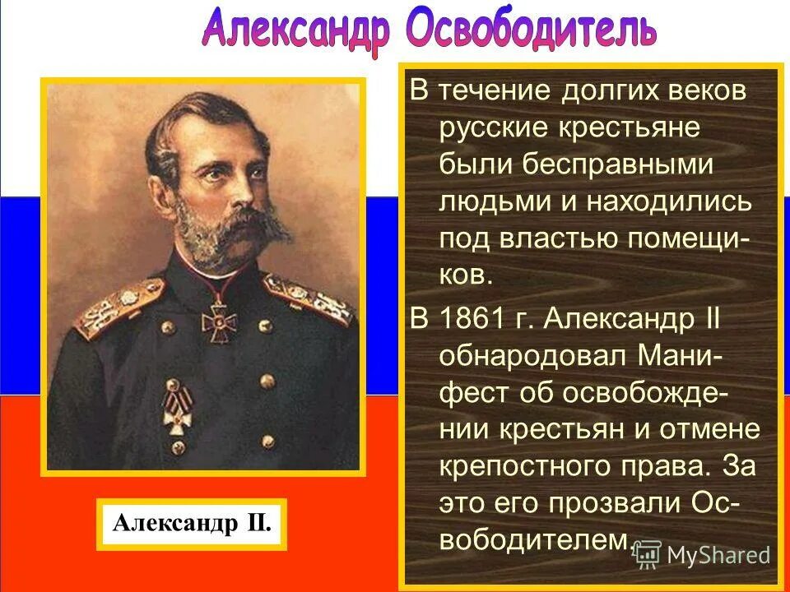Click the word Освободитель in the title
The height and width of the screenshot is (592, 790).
click(x=532, y=30)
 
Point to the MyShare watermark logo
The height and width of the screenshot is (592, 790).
click(x=704, y=555)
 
